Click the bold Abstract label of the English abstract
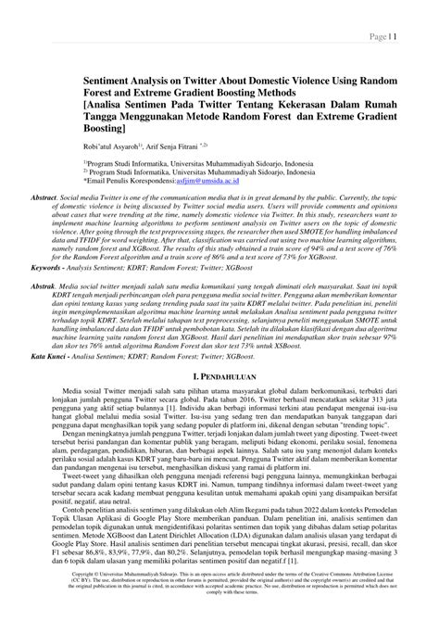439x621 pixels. (44, 197)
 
